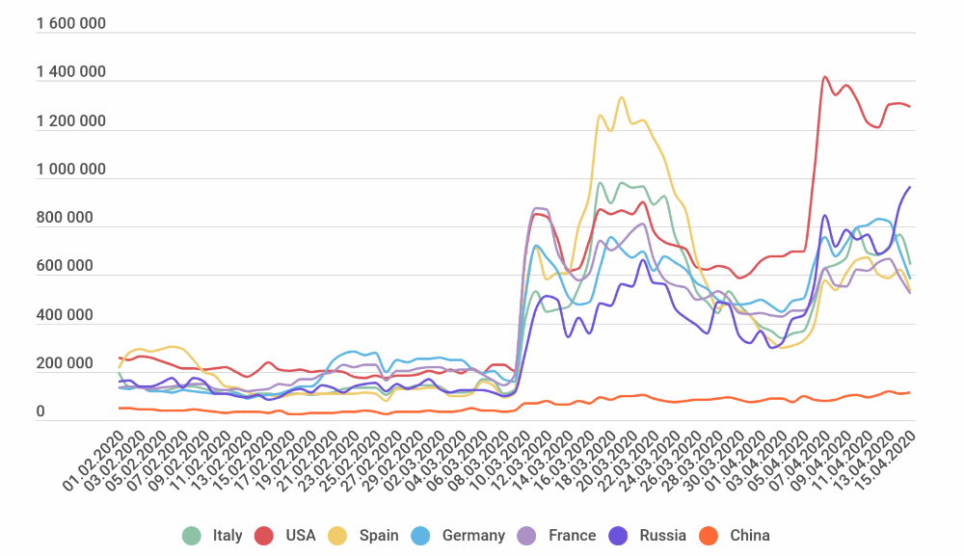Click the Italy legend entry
[x=213, y=535]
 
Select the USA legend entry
[x=285, y=535]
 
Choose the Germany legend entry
[x=458, y=535]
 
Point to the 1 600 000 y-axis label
[x=70, y=24]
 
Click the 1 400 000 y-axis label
[x=70, y=73]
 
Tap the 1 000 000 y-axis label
[x=70, y=170]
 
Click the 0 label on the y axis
[x=40, y=412]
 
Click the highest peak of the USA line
[x=824, y=77]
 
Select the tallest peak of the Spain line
[x=621, y=97]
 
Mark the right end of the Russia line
[x=910, y=187]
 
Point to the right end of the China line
[x=910, y=392]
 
